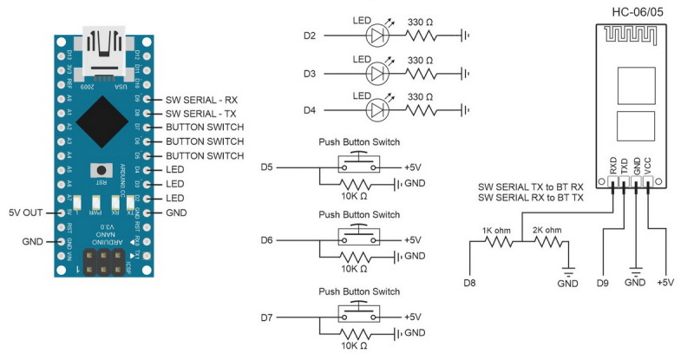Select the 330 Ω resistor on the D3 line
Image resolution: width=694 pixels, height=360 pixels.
click(x=426, y=73)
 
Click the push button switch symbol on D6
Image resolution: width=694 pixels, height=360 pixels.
click(x=358, y=239)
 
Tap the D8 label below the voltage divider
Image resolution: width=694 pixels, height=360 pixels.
click(x=468, y=283)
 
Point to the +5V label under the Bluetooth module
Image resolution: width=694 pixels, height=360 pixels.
click(x=666, y=283)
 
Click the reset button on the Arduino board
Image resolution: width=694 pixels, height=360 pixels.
click(x=102, y=171)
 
